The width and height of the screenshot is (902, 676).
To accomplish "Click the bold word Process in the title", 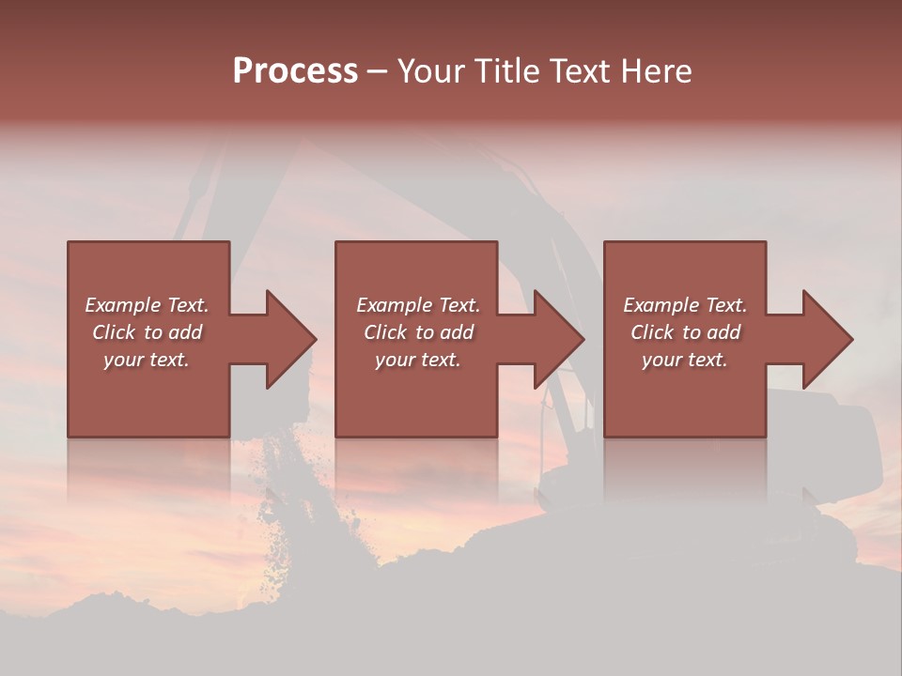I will pos(295,71).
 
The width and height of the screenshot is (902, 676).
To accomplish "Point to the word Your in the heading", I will pos(431,71).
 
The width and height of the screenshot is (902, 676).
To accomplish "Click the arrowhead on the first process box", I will pos(289,339).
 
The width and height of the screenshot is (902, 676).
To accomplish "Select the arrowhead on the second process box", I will pos(558,339).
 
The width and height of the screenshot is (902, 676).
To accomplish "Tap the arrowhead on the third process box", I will pos(827,339).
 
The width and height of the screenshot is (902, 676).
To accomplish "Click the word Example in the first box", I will pos(123,305).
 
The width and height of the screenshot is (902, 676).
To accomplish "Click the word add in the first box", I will pos(185,332).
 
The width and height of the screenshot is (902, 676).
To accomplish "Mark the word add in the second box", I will pos(457,332).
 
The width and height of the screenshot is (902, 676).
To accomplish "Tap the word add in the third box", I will pos(723,332).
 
